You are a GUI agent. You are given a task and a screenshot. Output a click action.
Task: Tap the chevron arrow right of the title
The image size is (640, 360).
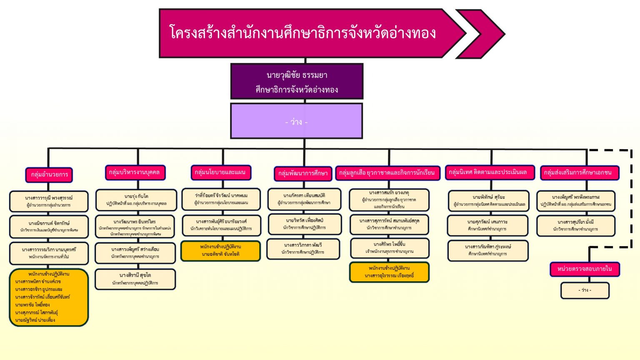pos(483,34)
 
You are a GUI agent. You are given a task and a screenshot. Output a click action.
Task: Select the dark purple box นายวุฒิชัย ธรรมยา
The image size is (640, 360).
pos(297,82)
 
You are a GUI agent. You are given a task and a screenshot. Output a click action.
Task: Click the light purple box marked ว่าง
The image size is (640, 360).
pos(296,121)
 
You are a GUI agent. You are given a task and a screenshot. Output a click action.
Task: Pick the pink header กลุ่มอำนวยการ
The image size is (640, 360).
pos(49,175)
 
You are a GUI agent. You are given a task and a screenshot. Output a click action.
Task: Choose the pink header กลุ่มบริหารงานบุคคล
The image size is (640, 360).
pos(134,172)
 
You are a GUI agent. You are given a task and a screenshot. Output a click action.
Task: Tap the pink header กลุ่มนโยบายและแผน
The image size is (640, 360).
pos(220,172)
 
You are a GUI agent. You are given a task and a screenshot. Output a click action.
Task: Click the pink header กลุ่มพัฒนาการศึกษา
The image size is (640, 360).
pos(303,173)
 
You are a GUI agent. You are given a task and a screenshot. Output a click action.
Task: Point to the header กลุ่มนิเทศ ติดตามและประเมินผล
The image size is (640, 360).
pos(489,172)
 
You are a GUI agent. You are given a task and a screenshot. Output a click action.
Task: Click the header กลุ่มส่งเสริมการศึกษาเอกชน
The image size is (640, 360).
pos(579,172)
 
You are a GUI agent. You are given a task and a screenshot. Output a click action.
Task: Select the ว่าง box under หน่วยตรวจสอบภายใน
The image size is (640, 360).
pos(585,290)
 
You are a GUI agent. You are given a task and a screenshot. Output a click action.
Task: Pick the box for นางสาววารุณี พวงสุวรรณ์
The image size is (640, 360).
pos(49,201)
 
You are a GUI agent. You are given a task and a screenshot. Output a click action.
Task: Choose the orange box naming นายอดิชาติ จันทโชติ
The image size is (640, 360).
pos(221,250)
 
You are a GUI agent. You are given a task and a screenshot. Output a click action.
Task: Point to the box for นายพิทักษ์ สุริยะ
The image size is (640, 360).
pos(489,200)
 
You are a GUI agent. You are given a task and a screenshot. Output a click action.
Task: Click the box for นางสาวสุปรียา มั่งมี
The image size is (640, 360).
pos(576,225)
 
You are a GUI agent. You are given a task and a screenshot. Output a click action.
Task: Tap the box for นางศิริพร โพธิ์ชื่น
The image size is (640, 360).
pos(390,248)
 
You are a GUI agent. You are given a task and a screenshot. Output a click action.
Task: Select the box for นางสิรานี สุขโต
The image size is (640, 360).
pos(135,279)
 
